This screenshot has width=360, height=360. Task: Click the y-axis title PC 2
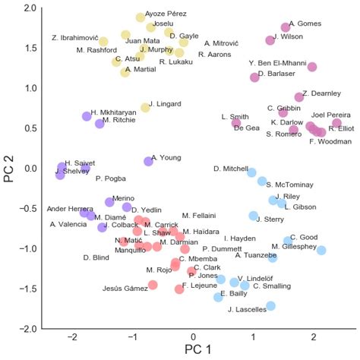11,169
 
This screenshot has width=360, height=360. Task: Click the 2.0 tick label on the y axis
30,8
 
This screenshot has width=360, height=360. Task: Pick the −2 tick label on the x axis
73,336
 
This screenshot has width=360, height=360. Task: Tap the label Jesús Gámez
125,288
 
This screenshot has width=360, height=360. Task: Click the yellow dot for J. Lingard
145,108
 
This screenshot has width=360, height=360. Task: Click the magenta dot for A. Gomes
286,27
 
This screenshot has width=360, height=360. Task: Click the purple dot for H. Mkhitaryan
87,116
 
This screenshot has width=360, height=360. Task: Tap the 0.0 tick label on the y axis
30,169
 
